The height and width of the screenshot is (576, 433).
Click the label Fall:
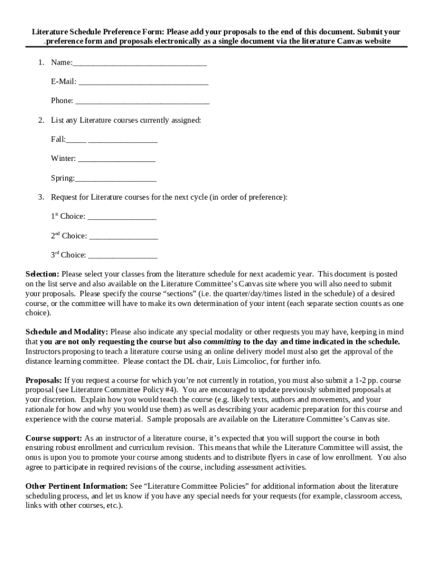(x=58, y=139)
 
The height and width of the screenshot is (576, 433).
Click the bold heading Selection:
(x=42, y=274)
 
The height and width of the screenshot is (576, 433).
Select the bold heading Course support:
(x=54, y=438)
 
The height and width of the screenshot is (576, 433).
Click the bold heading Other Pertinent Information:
(x=76, y=486)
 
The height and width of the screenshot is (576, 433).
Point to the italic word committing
(x=222, y=341)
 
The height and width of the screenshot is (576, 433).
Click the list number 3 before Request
(x=41, y=197)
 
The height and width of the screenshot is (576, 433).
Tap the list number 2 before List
(x=41, y=120)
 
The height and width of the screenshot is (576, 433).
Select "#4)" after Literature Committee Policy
(x=170, y=389)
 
